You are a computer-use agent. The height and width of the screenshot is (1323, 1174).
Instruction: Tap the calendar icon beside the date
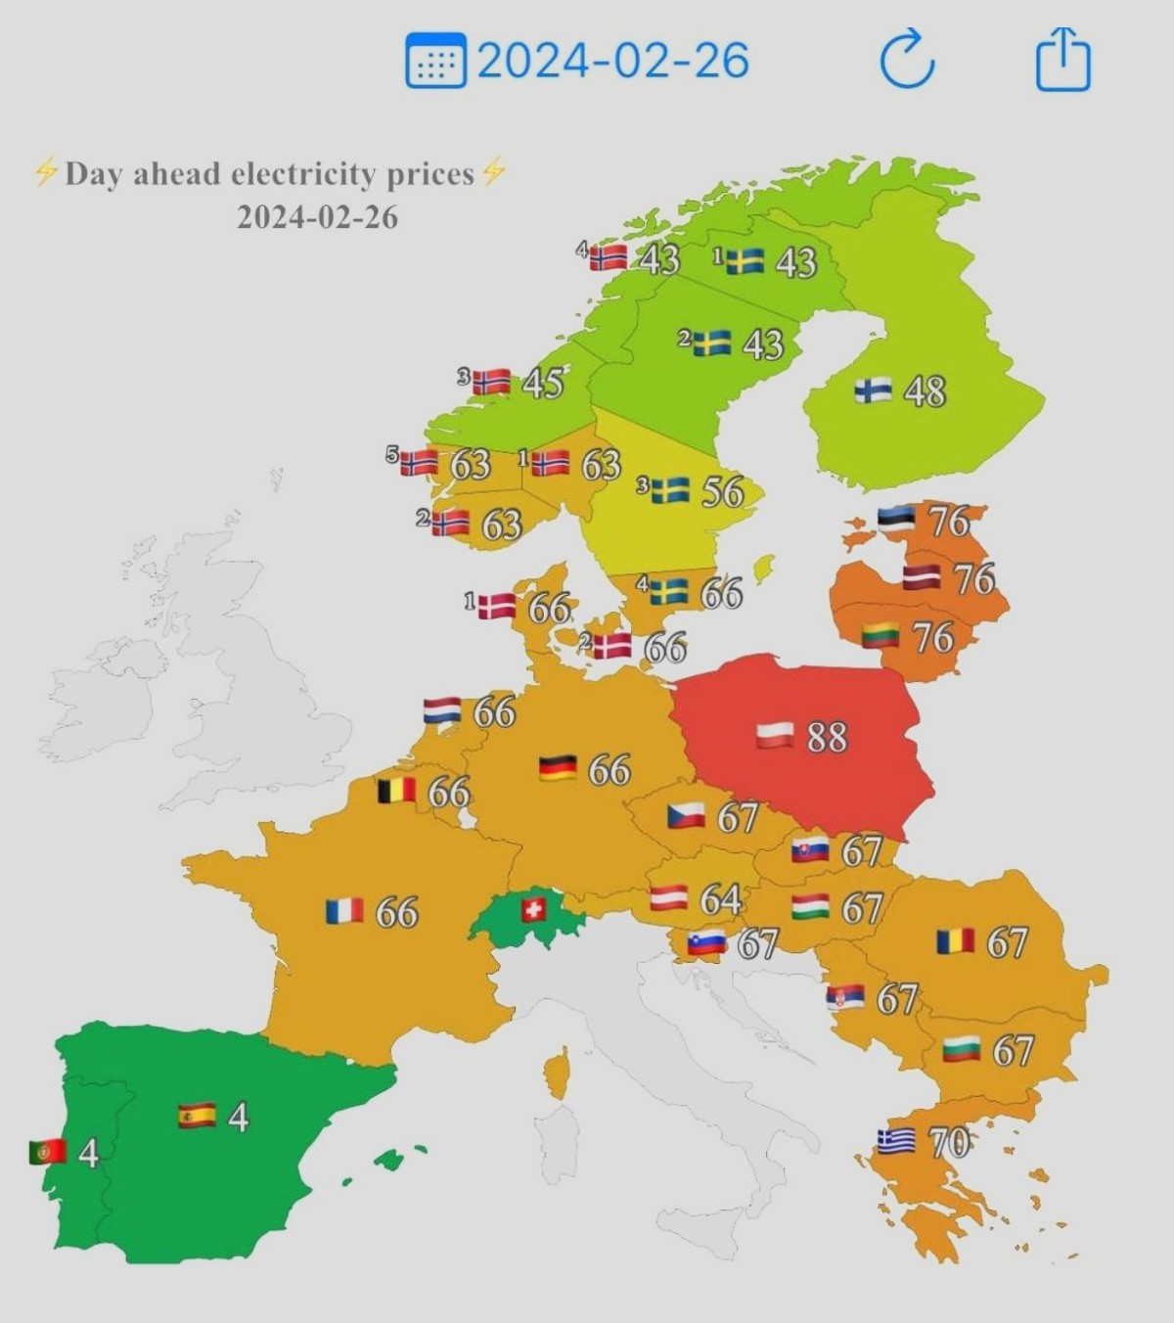click(435, 61)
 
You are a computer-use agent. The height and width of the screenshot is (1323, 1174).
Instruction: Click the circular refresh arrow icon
click(907, 60)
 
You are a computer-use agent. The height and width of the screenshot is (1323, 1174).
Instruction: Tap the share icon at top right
click(1062, 60)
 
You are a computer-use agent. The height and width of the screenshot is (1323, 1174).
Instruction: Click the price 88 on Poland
click(827, 737)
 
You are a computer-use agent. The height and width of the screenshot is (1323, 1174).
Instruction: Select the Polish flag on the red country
click(775, 735)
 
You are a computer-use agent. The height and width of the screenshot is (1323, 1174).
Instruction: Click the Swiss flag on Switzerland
click(533, 910)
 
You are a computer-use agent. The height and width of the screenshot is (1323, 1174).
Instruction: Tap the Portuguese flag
click(47, 1152)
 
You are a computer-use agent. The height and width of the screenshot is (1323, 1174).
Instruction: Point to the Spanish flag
click(197, 1116)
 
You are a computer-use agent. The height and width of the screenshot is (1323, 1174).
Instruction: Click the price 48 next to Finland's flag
click(925, 391)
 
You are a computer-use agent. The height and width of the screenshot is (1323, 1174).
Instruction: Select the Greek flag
click(895, 1141)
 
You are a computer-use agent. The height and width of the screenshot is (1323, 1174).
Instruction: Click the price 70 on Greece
click(948, 1142)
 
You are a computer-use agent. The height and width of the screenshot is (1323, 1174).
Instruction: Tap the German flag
click(558, 768)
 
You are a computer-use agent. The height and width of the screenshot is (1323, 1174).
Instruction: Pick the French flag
click(344, 912)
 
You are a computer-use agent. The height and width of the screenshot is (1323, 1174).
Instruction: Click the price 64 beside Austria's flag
click(721, 898)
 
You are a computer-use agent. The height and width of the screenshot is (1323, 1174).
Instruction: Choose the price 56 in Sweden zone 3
click(723, 491)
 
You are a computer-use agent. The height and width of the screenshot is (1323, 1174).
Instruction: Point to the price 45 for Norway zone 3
click(542, 383)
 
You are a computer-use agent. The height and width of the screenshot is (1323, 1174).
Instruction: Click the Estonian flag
click(895, 519)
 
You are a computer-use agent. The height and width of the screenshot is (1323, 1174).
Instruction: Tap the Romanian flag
click(955, 941)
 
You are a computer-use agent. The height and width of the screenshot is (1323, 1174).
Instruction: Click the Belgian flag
click(396, 791)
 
